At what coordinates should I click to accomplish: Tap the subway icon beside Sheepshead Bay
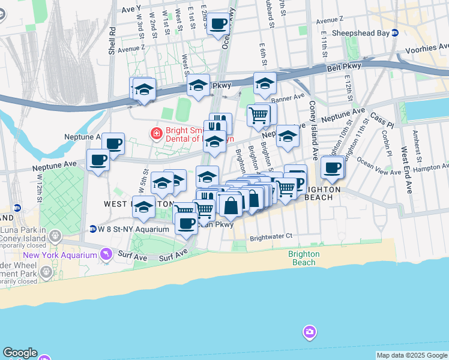click(394, 34)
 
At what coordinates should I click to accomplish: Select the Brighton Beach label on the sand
click(303, 258)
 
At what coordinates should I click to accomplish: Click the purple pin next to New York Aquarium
click(106, 254)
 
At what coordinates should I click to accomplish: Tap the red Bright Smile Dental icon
click(156, 133)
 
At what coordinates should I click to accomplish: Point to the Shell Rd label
click(112, 41)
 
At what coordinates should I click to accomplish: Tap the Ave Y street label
click(131, 9)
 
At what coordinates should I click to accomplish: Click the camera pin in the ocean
click(310, 332)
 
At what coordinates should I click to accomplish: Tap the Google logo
click(20, 353)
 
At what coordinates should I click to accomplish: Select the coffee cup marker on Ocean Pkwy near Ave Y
click(218, 25)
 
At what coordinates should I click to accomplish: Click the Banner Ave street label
click(288, 97)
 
